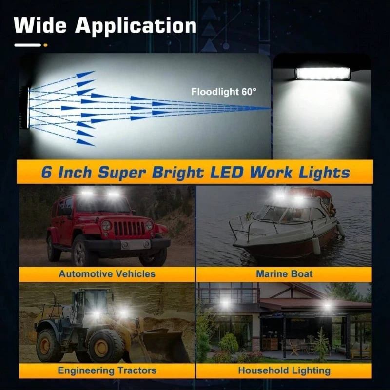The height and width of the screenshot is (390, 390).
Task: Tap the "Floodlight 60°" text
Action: (223, 91)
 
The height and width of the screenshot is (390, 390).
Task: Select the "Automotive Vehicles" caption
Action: (107, 273)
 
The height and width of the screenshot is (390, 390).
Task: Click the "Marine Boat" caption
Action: (284, 273)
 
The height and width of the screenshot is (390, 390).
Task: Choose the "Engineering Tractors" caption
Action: (107, 370)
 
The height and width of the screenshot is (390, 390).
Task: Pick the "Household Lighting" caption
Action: (284, 370)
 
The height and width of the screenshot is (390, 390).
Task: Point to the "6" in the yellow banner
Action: (46, 173)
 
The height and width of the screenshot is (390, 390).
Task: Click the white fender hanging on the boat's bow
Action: (316, 246)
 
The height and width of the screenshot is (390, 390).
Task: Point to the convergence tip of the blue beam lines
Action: (270, 108)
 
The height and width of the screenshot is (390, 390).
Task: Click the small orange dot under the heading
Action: (45, 45)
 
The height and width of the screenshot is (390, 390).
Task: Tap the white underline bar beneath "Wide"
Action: (27, 45)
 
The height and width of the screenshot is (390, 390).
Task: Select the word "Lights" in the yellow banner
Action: (327, 172)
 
